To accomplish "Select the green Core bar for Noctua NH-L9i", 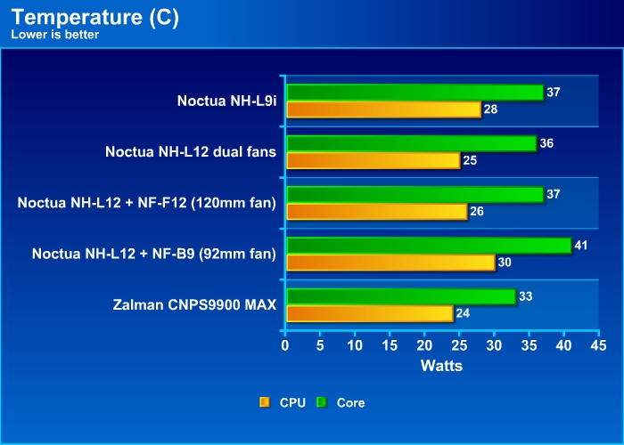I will coord(415,93).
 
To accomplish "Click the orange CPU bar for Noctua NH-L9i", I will coord(383,109).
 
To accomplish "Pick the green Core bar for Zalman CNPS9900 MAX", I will coord(400,296).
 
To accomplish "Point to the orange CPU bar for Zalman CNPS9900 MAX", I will coord(369,313).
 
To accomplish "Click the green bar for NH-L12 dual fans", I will coord(411,143).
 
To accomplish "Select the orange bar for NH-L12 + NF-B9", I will coord(390,262).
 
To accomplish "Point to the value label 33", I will coord(526,295).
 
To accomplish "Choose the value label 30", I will coord(505,262).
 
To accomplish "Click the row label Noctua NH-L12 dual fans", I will coord(191,152).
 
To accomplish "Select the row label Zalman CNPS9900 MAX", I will coord(195,305).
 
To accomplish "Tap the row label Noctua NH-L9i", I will coord(226,101).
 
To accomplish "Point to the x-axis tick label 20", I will coord(424,344).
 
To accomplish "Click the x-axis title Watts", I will coord(441,365).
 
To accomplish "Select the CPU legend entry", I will coord(283,402).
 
